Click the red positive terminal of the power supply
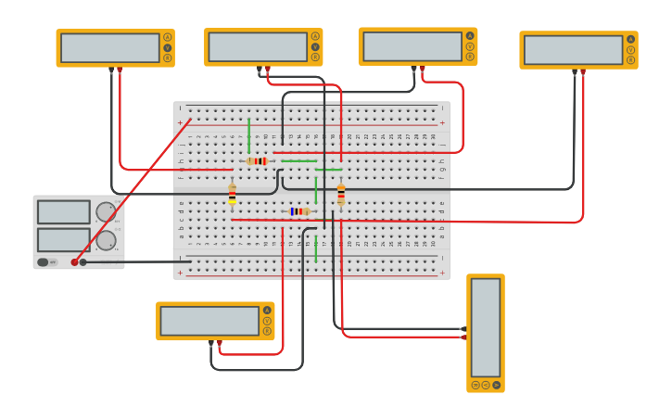(x=75, y=262)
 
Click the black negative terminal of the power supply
(x=83, y=262)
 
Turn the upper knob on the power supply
(x=106, y=212)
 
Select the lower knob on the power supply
(x=106, y=240)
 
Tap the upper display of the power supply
(x=63, y=212)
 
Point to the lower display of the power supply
(x=63, y=240)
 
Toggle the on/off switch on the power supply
(x=43, y=262)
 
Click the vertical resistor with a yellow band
(x=232, y=195)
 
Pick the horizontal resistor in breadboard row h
(x=258, y=161)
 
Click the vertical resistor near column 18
(x=340, y=196)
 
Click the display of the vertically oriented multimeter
(x=485, y=325)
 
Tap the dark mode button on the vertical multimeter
(x=475, y=385)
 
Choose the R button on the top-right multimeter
(x=630, y=61)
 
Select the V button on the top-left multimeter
(x=168, y=47)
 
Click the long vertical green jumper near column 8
(x=248, y=134)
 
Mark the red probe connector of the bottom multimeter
(x=220, y=343)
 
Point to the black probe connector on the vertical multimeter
(x=463, y=329)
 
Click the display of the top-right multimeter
(x=573, y=50)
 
